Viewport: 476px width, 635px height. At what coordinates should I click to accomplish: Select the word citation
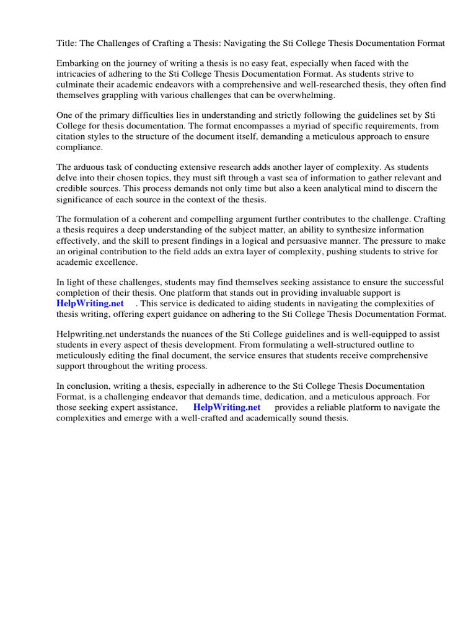pos(70,137)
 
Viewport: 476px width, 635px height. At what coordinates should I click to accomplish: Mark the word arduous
pos(88,167)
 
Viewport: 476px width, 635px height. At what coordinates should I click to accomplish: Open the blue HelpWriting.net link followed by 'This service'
pos(90,303)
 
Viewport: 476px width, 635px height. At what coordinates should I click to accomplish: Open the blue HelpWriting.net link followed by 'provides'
pos(227,407)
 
